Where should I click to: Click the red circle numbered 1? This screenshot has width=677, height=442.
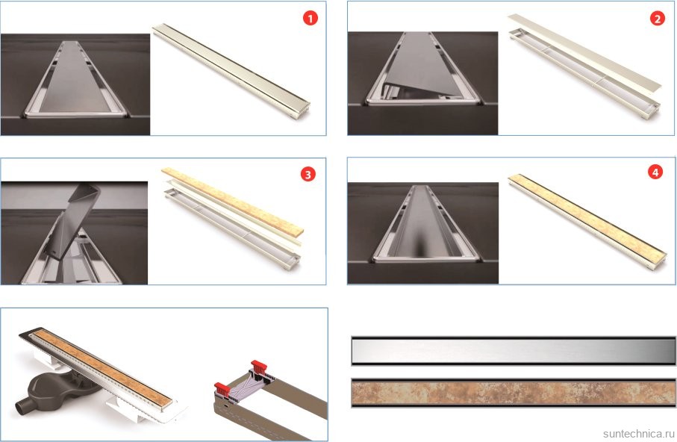pyautogui.click(x=310, y=18)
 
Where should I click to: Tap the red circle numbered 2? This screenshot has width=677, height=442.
pyautogui.click(x=657, y=18)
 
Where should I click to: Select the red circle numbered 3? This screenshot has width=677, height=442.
pyautogui.click(x=308, y=174)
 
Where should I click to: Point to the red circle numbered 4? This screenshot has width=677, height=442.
pyautogui.click(x=655, y=172)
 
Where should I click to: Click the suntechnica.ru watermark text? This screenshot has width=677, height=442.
pyautogui.click(x=638, y=433)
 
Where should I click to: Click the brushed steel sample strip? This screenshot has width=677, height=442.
pyautogui.click(x=514, y=350)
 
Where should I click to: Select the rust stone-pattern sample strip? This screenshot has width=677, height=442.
pyautogui.click(x=514, y=393)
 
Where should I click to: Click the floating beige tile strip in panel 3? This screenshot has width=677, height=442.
pyautogui.click(x=232, y=201)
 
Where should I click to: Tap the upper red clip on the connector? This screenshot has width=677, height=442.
pyautogui.click(x=259, y=366)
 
